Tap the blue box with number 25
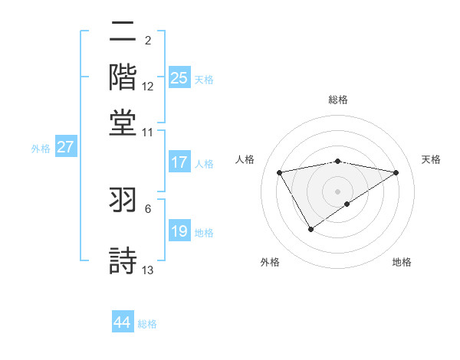tap(179, 77)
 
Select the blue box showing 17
tap(179, 162)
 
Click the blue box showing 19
tap(179, 231)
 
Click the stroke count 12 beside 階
tap(148, 86)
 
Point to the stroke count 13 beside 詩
tap(148, 270)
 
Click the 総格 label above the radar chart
tap(338, 100)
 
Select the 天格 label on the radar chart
tap(432, 159)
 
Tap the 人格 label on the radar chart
tap(245, 159)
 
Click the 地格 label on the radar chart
tap(402, 262)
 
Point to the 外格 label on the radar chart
tap(270, 262)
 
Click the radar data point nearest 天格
tap(396, 172)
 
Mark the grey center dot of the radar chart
tap(338, 190)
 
